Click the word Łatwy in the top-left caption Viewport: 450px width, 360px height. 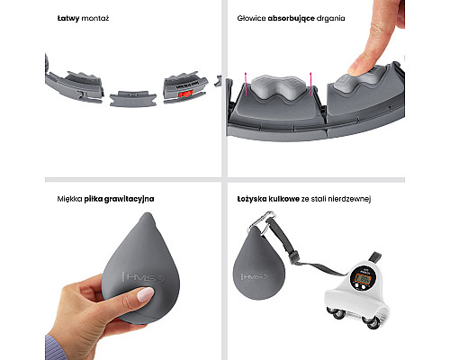tap(68, 18)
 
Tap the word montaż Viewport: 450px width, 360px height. tap(95, 18)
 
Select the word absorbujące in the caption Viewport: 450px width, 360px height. tap(291, 18)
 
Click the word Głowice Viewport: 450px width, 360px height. tap(251, 18)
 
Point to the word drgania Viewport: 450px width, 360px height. tap(331, 19)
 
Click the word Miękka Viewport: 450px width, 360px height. tap(69, 199)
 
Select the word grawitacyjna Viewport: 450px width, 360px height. tap(130, 199)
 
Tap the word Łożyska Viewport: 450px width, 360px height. tap(252, 199)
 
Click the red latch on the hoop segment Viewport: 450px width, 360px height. tap(185, 94)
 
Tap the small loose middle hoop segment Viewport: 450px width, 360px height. tap(133, 98)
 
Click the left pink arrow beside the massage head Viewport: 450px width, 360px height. tap(246, 84)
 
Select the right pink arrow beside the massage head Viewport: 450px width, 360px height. tap(310, 84)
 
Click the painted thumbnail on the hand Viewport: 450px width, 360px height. tap(146, 294)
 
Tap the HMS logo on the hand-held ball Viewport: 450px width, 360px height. tap(142, 277)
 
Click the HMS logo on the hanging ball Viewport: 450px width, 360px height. tap(254, 276)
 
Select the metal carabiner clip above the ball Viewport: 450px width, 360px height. tap(263, 222)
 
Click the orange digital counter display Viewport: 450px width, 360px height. tap(363, 279)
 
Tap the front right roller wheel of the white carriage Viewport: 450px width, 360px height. tap(373, 322)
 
